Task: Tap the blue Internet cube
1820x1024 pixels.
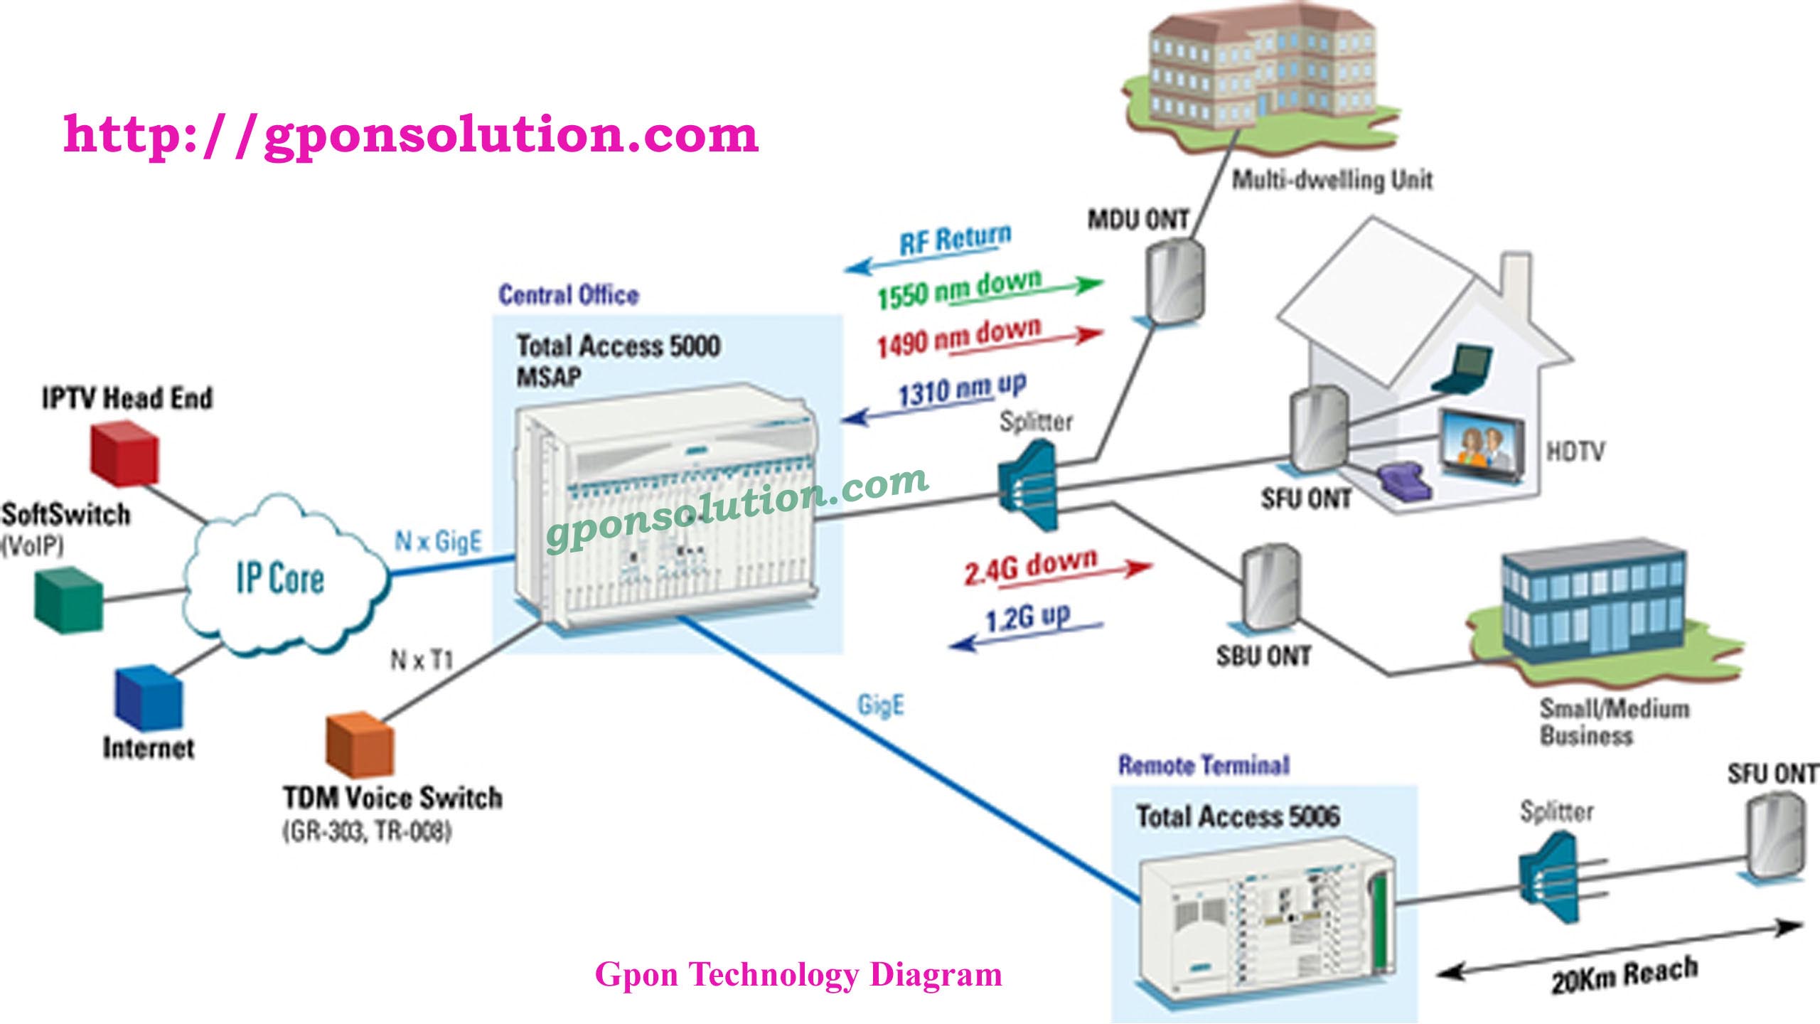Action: pyautogui.click(x=149, y=698)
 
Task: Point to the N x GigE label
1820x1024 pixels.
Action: pyautogui.click(x=438, y=541)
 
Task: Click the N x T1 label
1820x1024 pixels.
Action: pyautogui.click(x=422, y=661)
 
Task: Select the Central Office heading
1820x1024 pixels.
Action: pyautogui.click(x=568, y=294)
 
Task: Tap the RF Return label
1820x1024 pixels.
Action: pyautogui.click(x=955, y=240)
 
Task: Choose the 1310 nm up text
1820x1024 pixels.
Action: pyautogui.click(x=962, y=389)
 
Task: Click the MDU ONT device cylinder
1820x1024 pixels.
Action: pyautogui.click(x=1175, y=281)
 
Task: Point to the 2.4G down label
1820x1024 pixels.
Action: pyautogui.click(x=1031, y=567)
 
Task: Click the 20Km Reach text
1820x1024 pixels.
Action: pyautogui.click(x=1624, y=974)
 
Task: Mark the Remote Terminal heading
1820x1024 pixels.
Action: pyautogui.click(x=1204, y=765)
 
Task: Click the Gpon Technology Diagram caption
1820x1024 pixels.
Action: pyautogui.click(x=798, y=974)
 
